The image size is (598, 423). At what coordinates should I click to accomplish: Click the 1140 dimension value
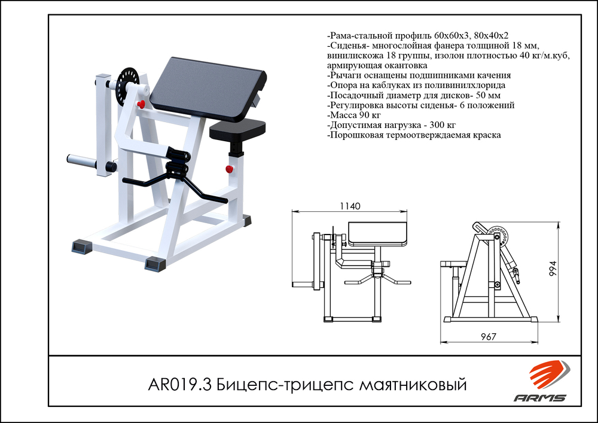click(350, 206)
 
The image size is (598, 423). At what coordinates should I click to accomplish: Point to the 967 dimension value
click(489, 337)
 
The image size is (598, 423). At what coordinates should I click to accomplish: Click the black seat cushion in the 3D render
click(237, 127)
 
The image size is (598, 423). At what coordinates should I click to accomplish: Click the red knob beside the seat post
click(229, 169)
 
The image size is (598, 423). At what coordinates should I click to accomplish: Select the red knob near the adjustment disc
click(142, 105)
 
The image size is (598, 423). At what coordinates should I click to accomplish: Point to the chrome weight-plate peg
click(81, 161)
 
